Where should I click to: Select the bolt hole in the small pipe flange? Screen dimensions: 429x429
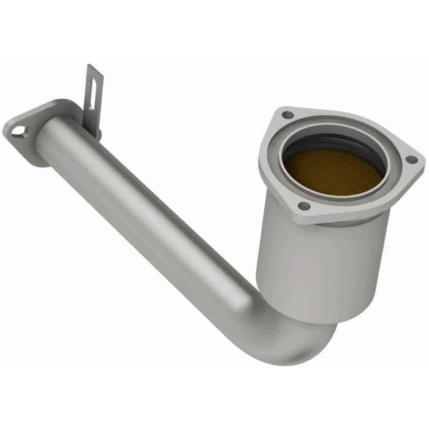click(18, 130)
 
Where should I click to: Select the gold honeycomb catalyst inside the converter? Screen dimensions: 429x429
click(334, 172)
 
